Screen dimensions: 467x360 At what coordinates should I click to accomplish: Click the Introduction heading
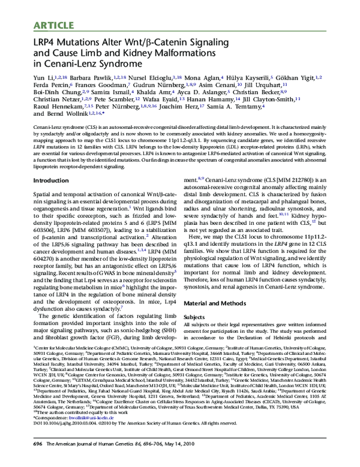[50, 180]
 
